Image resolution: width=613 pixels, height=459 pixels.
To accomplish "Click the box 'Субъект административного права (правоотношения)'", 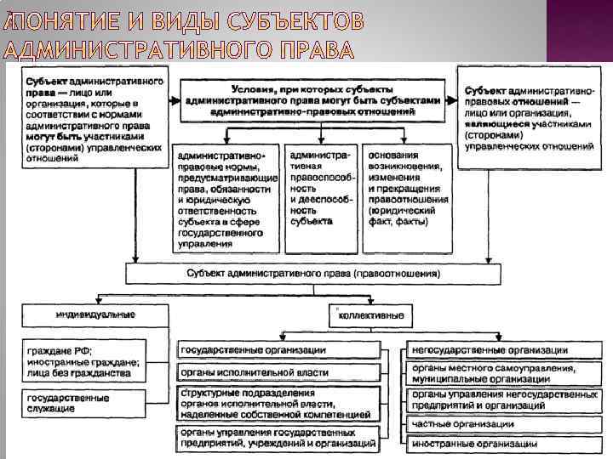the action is point(312,274).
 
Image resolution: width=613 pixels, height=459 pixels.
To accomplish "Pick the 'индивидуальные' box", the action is point(95,314).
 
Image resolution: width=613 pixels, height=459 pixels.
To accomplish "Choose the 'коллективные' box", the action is point(371,315).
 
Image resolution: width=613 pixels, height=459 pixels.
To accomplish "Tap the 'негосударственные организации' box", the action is point(504,350).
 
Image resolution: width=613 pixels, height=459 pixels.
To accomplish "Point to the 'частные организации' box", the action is point(504,423).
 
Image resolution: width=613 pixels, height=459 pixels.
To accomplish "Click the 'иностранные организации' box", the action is point(504,444).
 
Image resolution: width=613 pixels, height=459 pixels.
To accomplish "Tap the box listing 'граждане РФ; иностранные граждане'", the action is point(95,362).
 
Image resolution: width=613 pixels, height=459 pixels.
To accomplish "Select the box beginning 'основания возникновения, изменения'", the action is point(409,190).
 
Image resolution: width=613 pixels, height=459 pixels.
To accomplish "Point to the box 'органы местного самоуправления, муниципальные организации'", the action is point(504,374).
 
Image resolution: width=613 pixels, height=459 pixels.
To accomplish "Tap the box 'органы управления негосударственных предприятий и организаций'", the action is point(504,399).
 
